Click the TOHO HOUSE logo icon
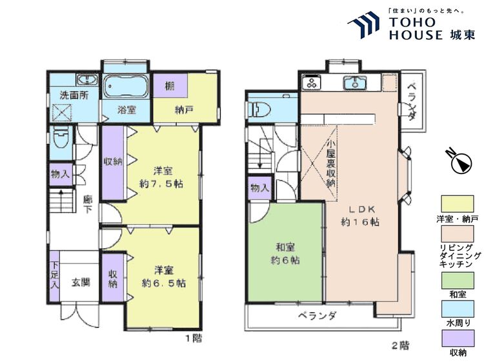click(366, 26)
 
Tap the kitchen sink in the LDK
click(354, 83)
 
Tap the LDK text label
click(360, 210)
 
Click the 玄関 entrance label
click(81, 282)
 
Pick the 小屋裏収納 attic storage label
click(330, 164)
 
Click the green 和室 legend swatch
click(457, 280)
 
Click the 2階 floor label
click(399, 345)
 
